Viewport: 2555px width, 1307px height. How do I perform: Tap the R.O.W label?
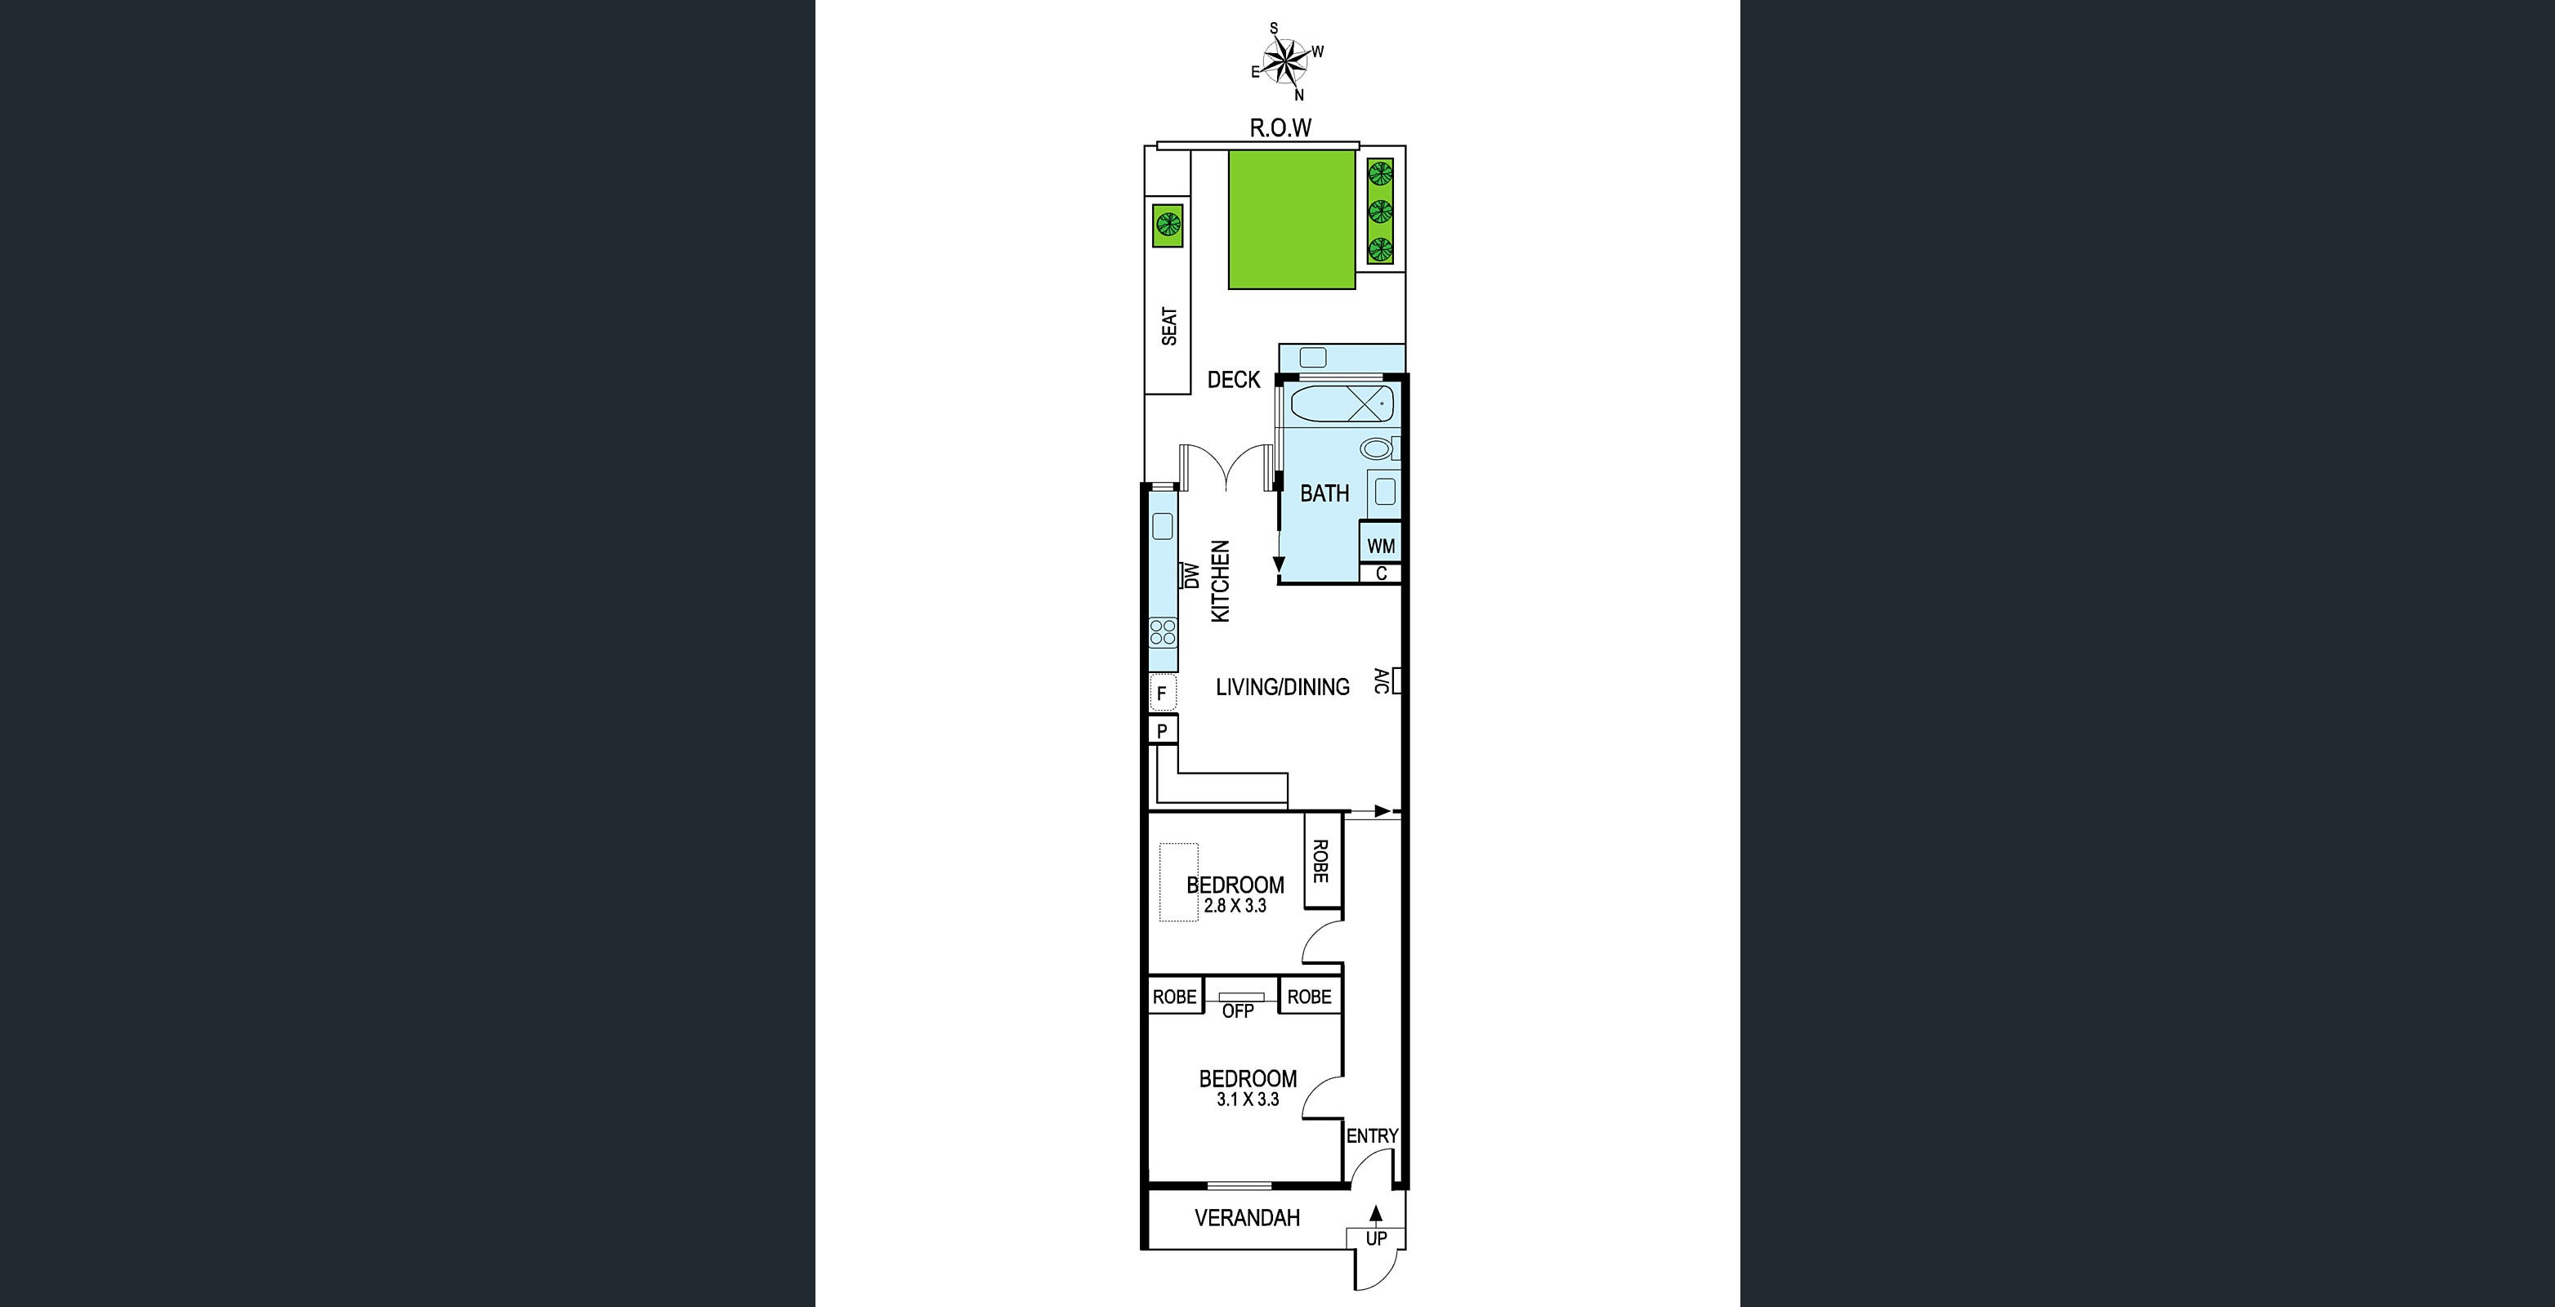point(1280,128)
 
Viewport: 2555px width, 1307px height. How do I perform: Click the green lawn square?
point(1291,219)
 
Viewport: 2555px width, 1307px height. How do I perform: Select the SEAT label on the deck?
point(1169,325)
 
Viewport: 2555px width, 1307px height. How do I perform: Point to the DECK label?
point(1233,380)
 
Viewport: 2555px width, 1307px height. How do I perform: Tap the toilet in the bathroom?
point(1378,448)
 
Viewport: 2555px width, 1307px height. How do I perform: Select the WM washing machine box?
point(1381,546)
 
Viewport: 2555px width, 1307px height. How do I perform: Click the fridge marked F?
point(1161,694)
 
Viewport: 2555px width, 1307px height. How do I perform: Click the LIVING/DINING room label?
point(1283,686)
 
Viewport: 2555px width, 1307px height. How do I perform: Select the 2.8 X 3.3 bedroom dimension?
point(1235,905)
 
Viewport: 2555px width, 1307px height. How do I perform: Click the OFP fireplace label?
point(1238,1011)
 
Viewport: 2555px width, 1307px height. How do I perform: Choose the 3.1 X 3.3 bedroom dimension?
point(1248,1099)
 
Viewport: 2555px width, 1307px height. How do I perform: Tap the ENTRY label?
point(1372,1136)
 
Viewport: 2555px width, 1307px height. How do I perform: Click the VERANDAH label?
point(1247,1218)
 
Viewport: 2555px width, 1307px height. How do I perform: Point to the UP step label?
point(1376,1238)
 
